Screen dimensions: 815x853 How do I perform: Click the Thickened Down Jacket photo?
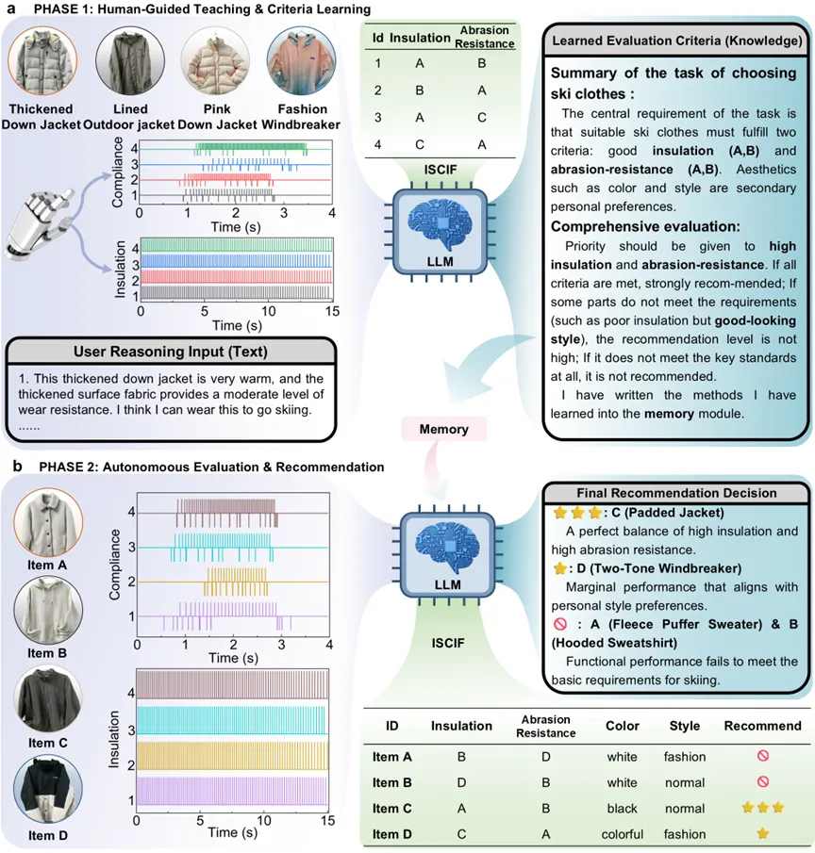point(42,61)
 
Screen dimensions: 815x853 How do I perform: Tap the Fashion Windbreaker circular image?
point(301,61)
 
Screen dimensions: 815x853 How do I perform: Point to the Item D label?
point(48,835)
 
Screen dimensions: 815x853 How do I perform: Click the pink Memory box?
point(443,429)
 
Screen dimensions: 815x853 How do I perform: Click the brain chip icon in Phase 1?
point(440,232)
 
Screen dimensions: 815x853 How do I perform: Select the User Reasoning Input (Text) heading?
point(171,352)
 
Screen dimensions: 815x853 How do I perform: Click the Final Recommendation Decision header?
point(676,493)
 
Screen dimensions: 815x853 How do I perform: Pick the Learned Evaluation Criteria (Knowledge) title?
point(676,41)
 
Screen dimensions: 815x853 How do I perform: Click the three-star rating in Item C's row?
point(763,808)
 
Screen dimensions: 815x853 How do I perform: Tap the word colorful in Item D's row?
point(623,834)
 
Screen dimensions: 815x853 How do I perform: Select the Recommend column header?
point(762,726)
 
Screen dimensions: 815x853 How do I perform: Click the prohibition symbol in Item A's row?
point(763,756)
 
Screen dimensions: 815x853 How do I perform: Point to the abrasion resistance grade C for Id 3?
point(482,118)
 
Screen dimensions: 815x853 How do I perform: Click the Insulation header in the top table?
point(420,38)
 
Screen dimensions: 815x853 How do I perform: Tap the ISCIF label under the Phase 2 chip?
point(448,643)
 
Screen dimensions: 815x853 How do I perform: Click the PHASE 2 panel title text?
point(211,467)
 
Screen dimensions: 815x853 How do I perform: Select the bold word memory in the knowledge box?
point(669,414)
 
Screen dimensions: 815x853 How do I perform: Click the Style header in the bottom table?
point(684,726)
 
